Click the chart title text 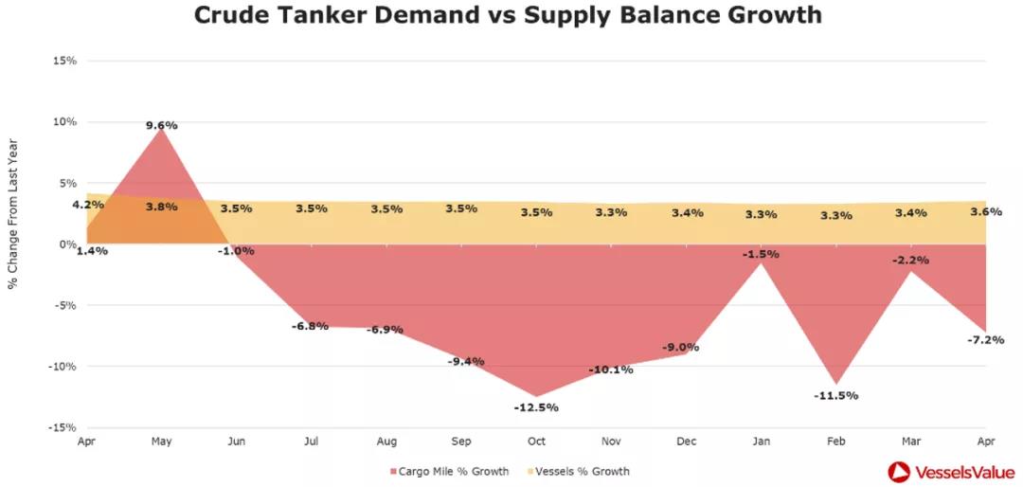(x=508, y=16)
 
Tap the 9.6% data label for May (x=162, y=125)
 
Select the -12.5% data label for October (x=536, y=407)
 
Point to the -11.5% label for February (x=835, y=395)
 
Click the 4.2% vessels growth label (x=87, y=205)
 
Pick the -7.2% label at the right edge (x=986, y=339)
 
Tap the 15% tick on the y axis (x=65, y=61)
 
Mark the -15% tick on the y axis (x=63, y=427)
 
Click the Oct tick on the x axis (x=536, y=442)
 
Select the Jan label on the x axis (x=762, y=442)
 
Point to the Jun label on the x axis (x=236, y=442)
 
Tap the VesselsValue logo (x=948, y=471)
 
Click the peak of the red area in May (x=162, y=130)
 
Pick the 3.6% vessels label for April (x=986, y=211)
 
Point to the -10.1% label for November (x=611, y=370)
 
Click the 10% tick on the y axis (x=65, y=121)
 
